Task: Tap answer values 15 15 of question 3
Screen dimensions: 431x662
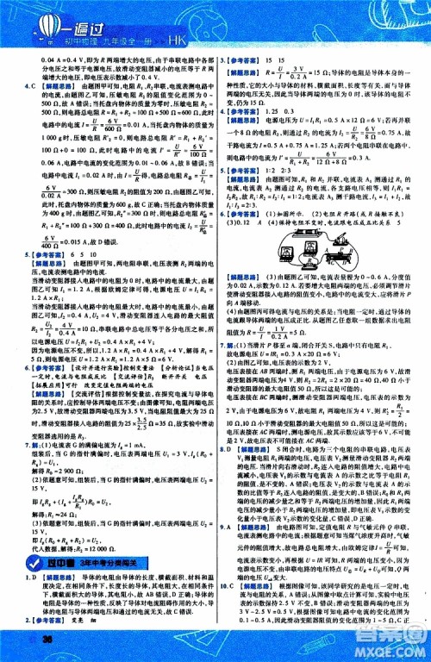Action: click(281, 59)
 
